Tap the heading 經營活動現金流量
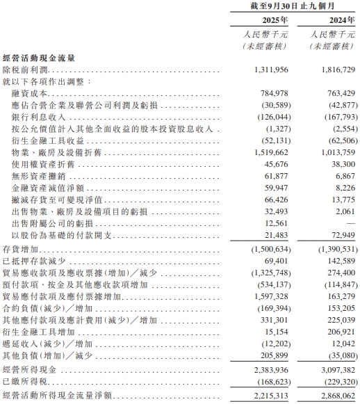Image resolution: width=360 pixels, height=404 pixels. pyautogui.click(x=40, y=58)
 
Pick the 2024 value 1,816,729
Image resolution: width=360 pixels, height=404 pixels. pyautogui.click(x=334, y=70)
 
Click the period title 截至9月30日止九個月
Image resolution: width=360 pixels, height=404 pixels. pyautogui.click(x=293, y=6)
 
